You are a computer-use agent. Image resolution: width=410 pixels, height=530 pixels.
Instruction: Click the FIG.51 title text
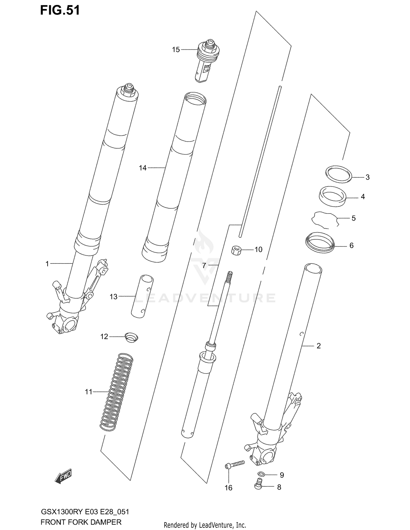(x=60, y=10)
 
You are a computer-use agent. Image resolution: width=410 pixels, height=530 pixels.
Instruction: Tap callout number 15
(x=176, y=50)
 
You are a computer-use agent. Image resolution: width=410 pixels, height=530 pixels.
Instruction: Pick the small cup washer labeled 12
(x=131, y=338)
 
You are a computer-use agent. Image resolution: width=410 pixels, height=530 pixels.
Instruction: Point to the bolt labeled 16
(x=235, y=464)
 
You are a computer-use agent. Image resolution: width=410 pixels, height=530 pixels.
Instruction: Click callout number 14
(x=143, y=168)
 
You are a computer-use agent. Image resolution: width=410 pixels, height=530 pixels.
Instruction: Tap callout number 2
(x=318, y=346)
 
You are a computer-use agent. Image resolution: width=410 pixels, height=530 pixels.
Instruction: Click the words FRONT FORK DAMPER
(x=81, y=522)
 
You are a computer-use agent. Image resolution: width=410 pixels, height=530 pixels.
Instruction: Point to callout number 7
(x=204, y=265)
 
